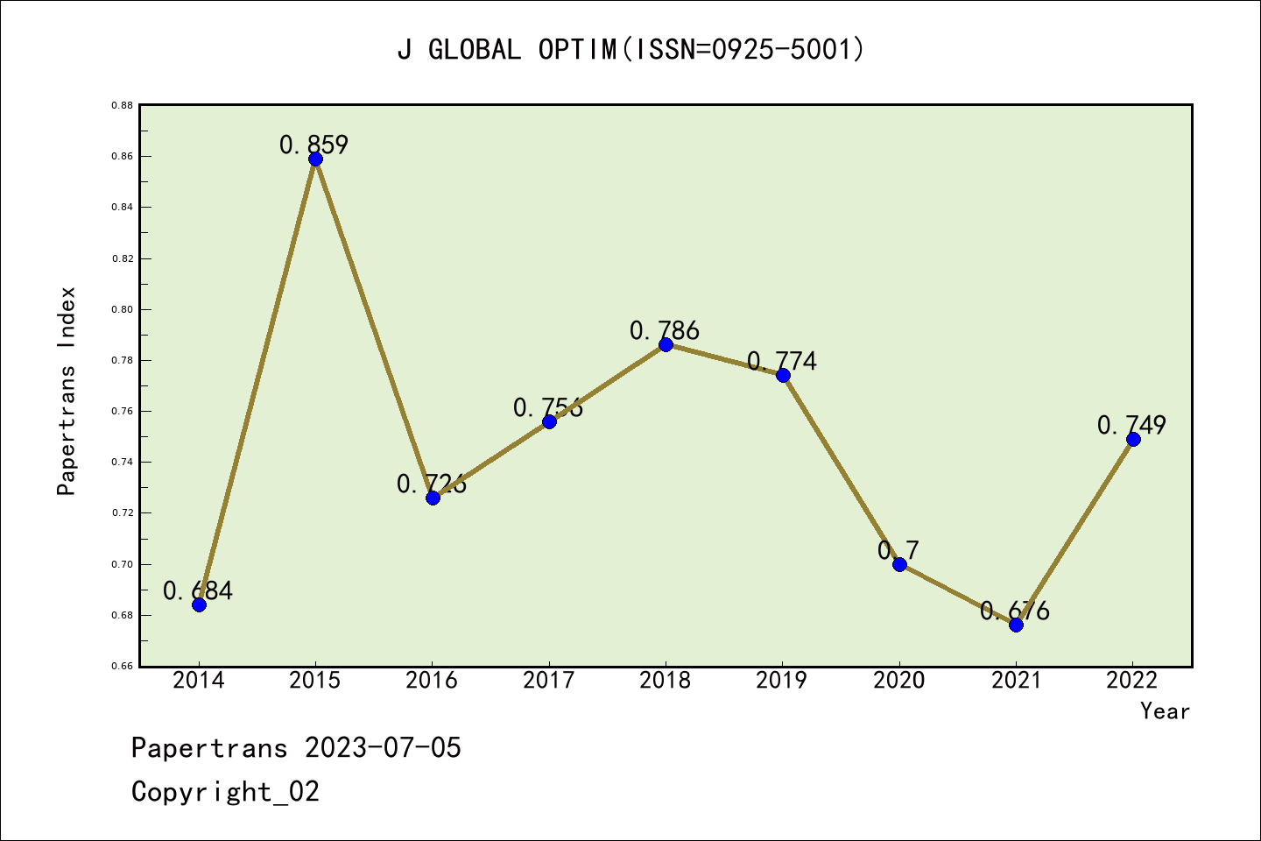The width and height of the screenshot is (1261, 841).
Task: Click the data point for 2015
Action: point(315,159)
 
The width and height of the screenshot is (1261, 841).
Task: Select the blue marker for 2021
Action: point(1016,625)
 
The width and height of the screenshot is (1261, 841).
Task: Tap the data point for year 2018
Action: point(666,344)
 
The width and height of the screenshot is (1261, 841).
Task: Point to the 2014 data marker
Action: point(199,604)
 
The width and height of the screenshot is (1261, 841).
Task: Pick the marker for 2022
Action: point(1133,439)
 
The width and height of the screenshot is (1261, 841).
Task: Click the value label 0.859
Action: point(314,145)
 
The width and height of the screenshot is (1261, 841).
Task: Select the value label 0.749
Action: point(1131,425)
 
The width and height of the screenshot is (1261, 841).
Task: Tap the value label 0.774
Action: point(782,361)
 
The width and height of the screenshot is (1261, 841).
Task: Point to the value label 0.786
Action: point(665,330)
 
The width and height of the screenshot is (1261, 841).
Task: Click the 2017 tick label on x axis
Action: point(549,681)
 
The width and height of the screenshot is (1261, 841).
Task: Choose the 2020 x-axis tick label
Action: point(899,681)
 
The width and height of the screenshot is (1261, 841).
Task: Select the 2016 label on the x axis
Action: point(432,681)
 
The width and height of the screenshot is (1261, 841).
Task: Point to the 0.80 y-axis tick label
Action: point(122,309)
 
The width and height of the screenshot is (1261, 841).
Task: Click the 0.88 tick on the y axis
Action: point(122,105)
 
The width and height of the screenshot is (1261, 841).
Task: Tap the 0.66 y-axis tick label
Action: point(122,667)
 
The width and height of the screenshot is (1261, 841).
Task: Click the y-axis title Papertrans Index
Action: point(67,391)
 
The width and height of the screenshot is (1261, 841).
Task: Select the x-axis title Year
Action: point(1165,711)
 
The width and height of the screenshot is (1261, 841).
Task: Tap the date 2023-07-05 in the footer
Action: point(383,748)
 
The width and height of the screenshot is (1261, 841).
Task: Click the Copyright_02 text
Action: point(225,792)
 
